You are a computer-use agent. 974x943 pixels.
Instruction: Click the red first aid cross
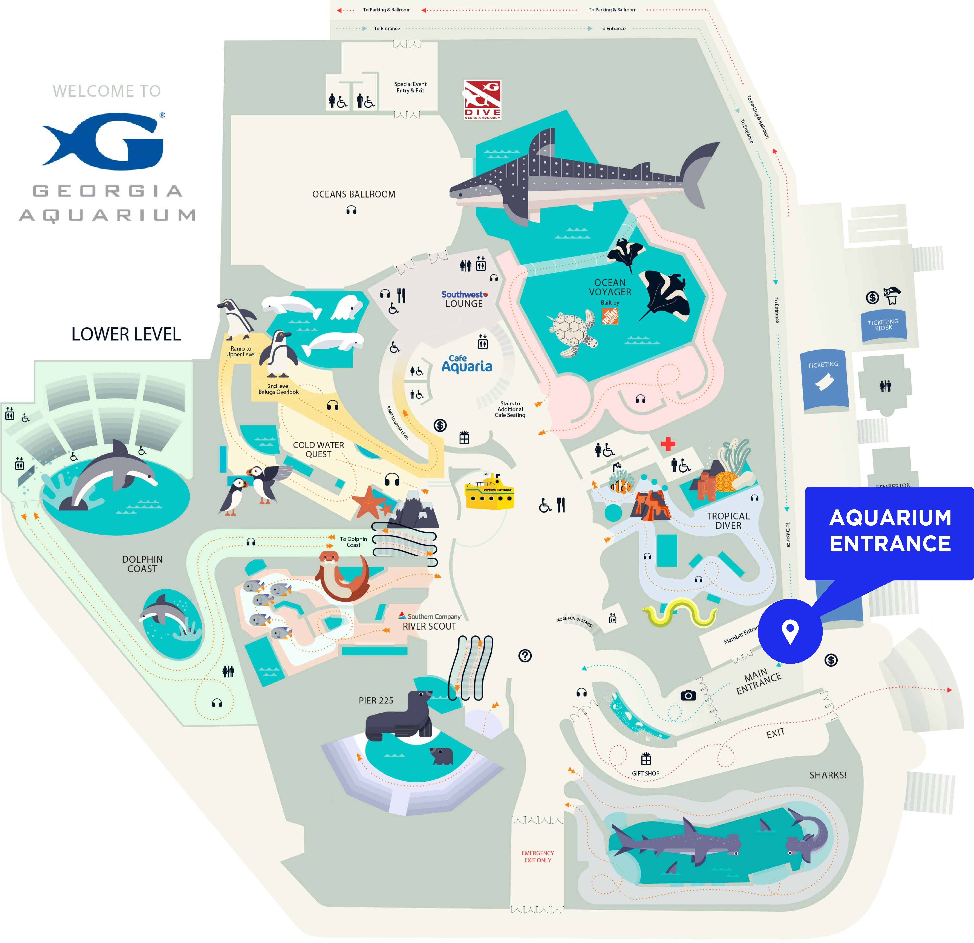(668, 444)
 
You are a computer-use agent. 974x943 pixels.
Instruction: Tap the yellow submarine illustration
(489, 492)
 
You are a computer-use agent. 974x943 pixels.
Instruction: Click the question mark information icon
(525, 656)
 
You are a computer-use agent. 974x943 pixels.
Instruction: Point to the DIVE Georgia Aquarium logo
(482, 100)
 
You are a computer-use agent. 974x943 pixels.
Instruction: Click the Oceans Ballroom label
(354, 194)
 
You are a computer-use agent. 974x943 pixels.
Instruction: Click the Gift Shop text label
(646, 774)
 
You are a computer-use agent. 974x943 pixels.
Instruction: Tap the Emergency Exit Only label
(538, 857)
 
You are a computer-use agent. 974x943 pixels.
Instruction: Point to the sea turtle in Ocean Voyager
(573, 330)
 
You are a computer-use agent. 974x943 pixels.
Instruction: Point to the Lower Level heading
(126, 334)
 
